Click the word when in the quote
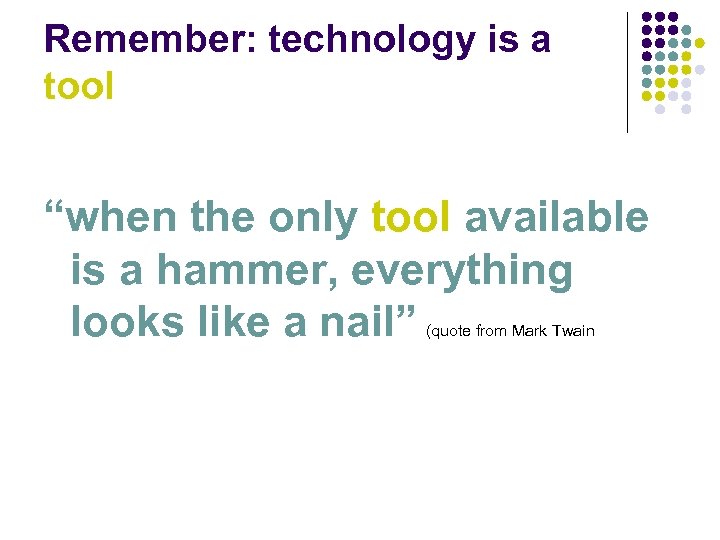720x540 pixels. coord(126,218)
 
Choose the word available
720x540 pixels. coord(556,218)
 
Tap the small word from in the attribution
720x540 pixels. coord(492,331)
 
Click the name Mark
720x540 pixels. coord(529,331)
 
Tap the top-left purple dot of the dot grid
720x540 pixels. coord(646,18)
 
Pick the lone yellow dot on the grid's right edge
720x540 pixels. coord(699,44)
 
